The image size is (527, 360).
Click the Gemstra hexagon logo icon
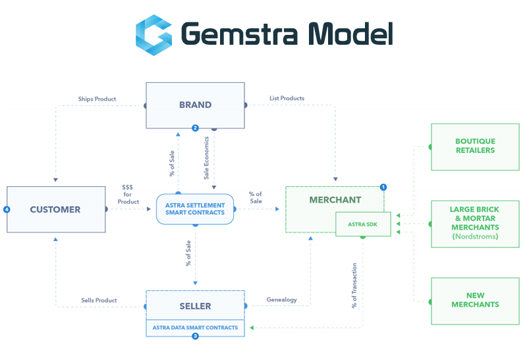click(x=153, y=34)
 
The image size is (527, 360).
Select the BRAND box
click(x=195, y=105)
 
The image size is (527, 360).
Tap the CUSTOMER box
click(x=55, y=209)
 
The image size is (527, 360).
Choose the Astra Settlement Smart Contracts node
click(x=195, y=209)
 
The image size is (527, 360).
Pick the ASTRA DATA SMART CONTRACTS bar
click(x=195, y=327)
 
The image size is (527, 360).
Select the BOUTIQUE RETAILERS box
click(x=475, y=145)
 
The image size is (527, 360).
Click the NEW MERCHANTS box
click(x=475, y=300)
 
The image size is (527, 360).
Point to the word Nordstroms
click(x=475, y=237)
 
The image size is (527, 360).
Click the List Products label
click(x=287, y=99)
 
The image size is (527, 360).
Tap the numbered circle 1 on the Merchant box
click(x=383, y=187)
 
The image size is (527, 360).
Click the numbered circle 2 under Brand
click(x=195, y=128)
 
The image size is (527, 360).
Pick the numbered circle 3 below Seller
click(x=195, y=336)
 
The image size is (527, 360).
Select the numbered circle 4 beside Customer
click(x=7, y=209)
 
